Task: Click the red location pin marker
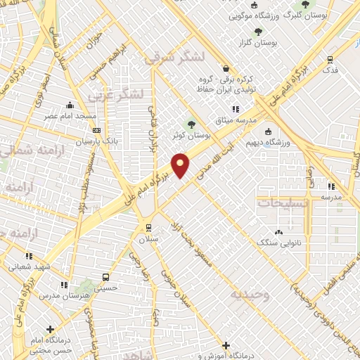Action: (181, 165)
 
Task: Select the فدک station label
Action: (329, 71)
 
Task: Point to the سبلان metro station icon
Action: (148, 227)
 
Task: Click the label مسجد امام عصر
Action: (69, 114)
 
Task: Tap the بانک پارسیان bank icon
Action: (96, 131)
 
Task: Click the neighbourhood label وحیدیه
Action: (249, 294)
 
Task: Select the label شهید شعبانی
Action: (29, 266)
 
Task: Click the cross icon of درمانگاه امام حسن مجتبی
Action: (49, 328)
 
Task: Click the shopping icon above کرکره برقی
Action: (225, 68)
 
